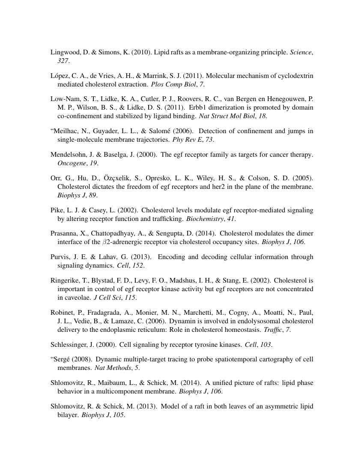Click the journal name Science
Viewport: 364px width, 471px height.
(301, 52)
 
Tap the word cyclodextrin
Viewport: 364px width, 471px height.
(293, 76)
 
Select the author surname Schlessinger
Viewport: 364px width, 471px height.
(71, 344)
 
